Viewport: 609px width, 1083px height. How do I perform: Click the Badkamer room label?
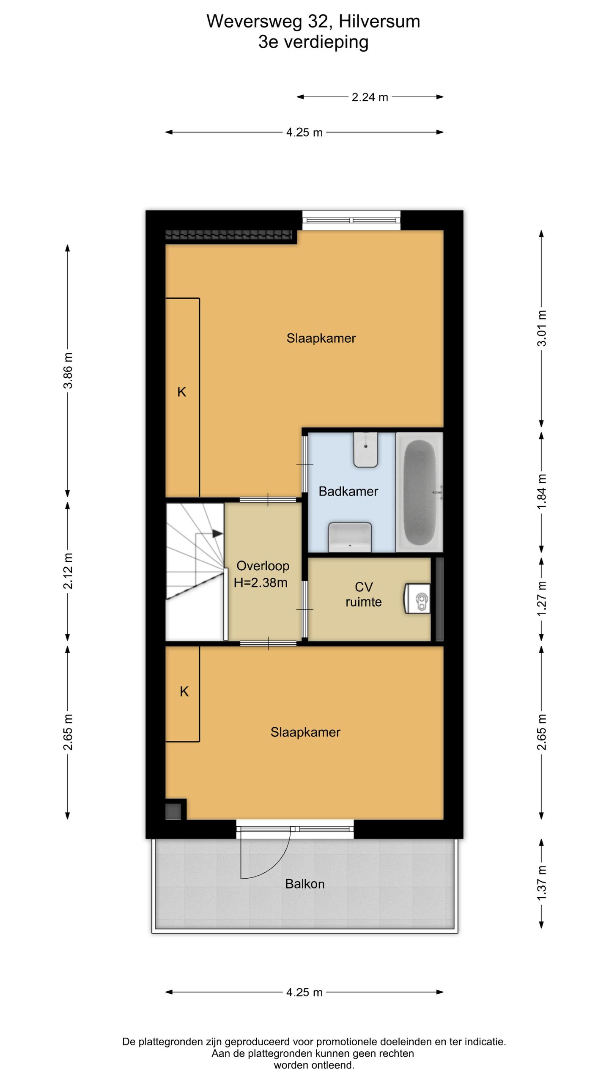point(348,491)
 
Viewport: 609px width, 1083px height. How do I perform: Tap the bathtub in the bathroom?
point(419,492)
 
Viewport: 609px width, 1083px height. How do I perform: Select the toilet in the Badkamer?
point(365,450)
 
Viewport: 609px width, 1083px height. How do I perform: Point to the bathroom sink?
point(350,537)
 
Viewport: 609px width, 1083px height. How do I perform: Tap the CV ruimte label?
point(363,594)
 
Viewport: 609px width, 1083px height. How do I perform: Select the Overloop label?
point(263,566)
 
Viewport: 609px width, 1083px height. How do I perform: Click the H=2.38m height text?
point(261,583)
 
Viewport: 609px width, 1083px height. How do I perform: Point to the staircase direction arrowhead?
point(217,533)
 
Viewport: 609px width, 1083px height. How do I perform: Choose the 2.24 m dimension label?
point(370,97)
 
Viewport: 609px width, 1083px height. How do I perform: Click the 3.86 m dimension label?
point(68,370)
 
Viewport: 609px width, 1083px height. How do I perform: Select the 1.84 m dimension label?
point(542,492)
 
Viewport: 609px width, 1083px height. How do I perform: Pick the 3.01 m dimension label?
point(542,328)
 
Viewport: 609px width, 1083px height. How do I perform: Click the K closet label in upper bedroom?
point(181,392)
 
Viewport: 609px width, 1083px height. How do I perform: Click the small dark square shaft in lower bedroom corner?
point(173,811)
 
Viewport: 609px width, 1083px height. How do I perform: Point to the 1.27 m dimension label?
point(542,599)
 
